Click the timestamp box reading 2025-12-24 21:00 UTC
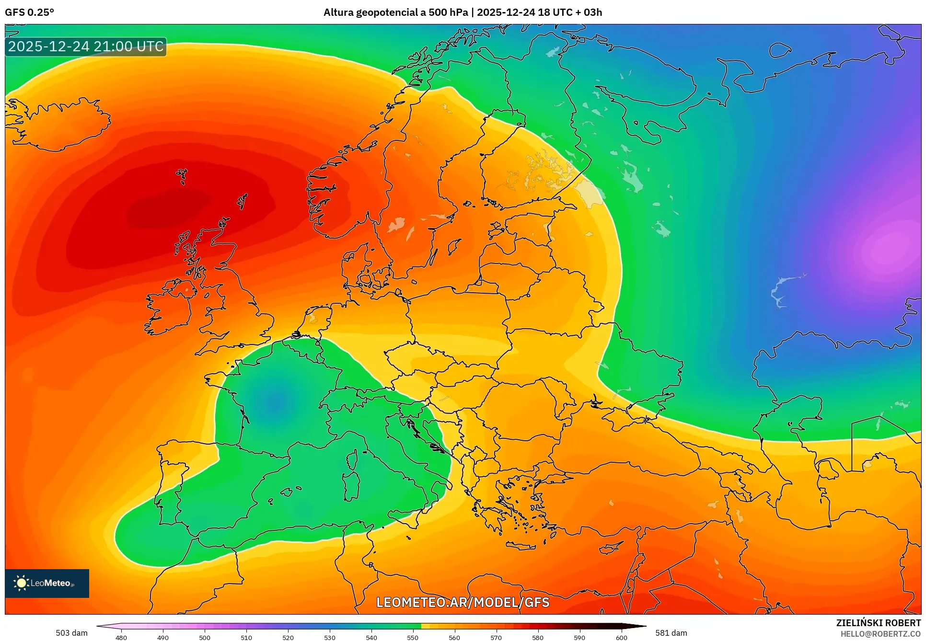click(86, 46)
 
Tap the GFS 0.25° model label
click(29, 12)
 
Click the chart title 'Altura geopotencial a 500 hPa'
click(395, 12)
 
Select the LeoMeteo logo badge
click(47, 583)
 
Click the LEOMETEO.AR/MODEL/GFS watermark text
click(463, 602)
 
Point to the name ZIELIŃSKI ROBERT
click(878, 623)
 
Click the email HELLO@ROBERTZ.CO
click(880, 634)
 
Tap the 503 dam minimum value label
click(71, 633)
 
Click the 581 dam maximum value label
click(671, 633)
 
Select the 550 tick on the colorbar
click(413, 638)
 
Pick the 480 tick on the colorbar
click(121, 638)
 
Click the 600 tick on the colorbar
click(621, 638)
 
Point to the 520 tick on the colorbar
click(288, 638)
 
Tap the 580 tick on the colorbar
click(538, 638)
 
